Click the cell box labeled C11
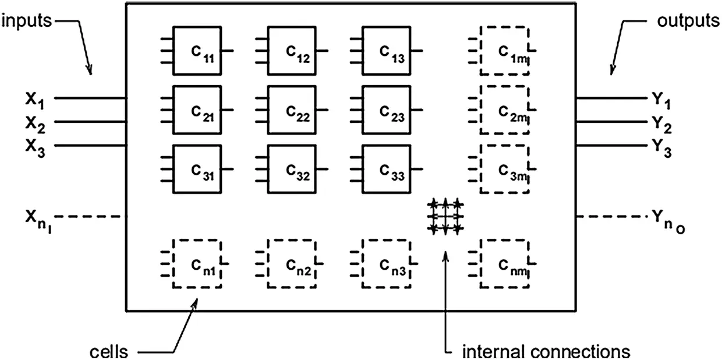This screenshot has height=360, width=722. coord(197,51)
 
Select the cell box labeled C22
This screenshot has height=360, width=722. coord(292,110)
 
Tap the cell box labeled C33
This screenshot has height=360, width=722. coord(387,169)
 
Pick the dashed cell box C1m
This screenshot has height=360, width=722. coord(504,51)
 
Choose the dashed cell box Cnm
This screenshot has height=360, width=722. coord(504,263)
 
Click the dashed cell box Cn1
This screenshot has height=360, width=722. coord(197,263)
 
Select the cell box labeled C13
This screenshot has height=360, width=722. coord(387,51)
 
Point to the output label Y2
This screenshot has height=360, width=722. coord(661,124)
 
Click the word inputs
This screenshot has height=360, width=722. coord(26,22)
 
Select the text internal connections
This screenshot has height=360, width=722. coord(546,351)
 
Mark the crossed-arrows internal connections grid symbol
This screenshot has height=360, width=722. coord(446,217)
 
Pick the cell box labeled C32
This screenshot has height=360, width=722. coord(292,169)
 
